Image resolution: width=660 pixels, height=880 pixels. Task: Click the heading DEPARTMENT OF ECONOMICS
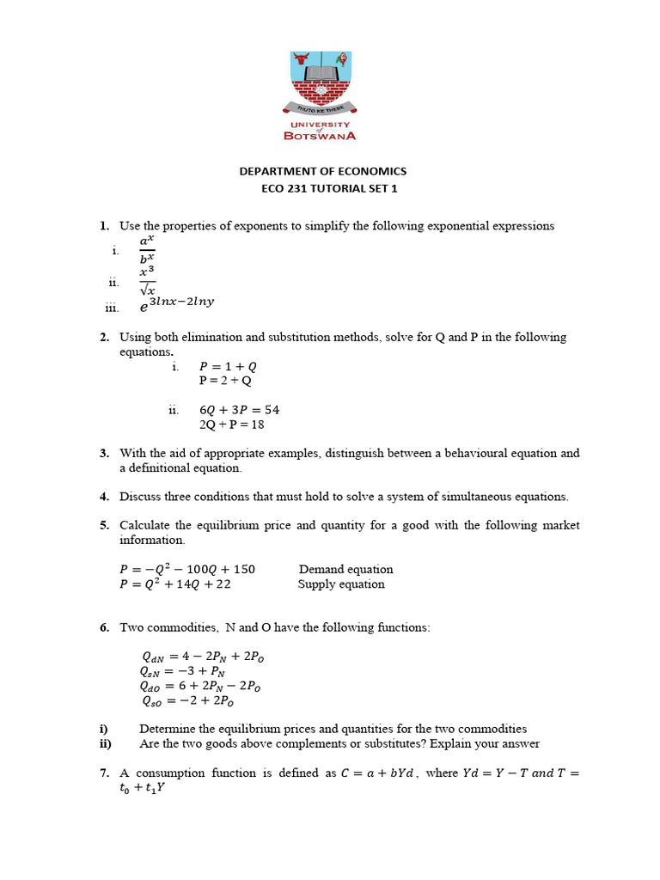click(x=322, y=172)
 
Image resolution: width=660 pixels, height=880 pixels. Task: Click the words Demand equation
click(x=345, y=569)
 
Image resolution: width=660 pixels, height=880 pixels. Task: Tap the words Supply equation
click(x=341, y=584)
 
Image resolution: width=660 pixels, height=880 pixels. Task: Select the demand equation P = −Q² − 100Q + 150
click(x=186, y=569)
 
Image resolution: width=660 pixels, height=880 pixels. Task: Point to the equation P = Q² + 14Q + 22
click(x=174, y=584)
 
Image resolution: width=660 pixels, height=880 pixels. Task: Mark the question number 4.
click(x=103, y=497)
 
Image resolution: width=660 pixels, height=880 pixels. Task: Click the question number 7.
click(x=103, y=773)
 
